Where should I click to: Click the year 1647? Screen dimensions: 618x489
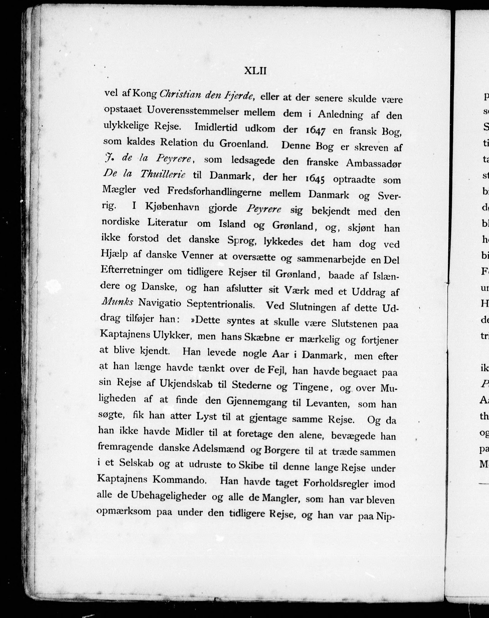pyautogui.click(x=315, y=130)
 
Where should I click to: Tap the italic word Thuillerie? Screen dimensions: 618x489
pyautogui.click(x=163, y=174)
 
